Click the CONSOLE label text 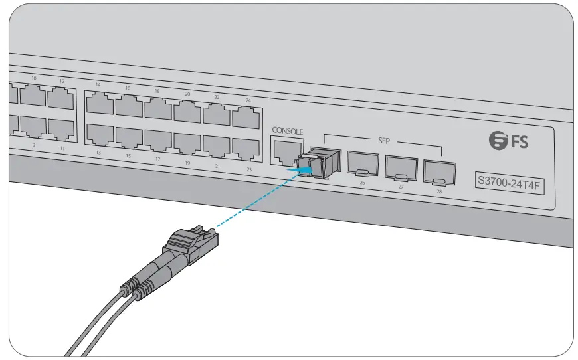[x=287, y=132]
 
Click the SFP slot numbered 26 [x=363, y=165]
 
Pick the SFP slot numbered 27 [x=401, y=168]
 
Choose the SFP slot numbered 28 [x=438, y=172]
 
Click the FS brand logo [x=509, y=140]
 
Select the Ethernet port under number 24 [x=245, y=118]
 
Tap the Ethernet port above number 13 [x=100, y=134]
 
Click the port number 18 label [x=157, y=90]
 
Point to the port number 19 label [x=187, y=163]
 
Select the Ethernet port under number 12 [x=61, y=98]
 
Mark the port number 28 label [x=439, y=191]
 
